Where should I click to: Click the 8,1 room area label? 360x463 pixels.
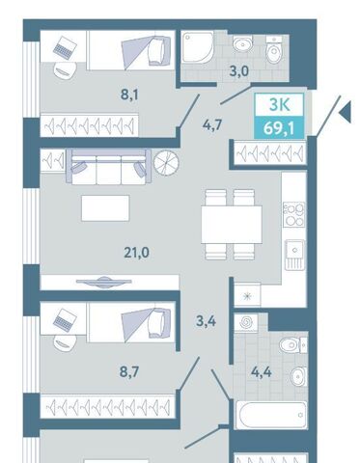coord(129,95)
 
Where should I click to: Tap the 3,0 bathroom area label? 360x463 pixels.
coord(239,71)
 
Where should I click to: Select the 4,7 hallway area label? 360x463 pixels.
coord(212,124)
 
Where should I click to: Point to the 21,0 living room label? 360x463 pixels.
coord(136,253)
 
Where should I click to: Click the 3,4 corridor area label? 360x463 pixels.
coord(207,321)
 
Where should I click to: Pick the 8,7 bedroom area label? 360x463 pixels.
coord(129,372)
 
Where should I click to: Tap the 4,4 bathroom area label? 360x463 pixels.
coord(262,372)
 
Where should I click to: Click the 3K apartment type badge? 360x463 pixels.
coord(279,105)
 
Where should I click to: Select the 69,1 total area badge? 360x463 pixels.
coord(279,127)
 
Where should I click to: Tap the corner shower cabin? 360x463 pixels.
coord(197,47)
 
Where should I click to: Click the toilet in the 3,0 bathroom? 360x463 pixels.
coord(274,49)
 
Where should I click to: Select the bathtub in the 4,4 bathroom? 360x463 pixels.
coord(271,415)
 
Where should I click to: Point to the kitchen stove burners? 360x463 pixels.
coord(293,214)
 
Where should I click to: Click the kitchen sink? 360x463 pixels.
coord(294,255)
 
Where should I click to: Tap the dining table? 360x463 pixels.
coord(232,225)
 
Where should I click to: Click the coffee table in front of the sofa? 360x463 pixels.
coord(105,208)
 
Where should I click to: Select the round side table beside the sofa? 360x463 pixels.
coord(166,162)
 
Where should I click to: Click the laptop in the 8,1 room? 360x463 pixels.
coord(65,47)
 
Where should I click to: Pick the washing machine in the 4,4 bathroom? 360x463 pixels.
coord(246,322)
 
